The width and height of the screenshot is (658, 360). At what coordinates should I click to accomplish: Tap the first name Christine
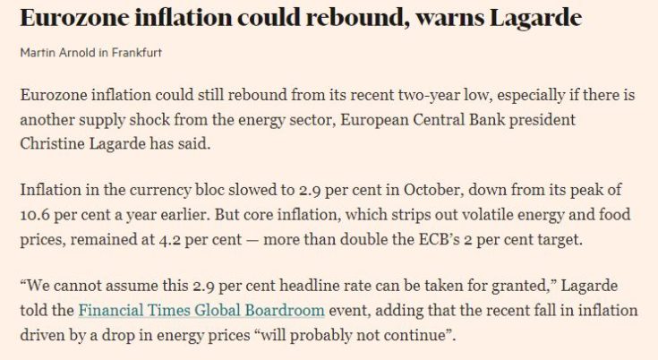click(56, 142)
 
